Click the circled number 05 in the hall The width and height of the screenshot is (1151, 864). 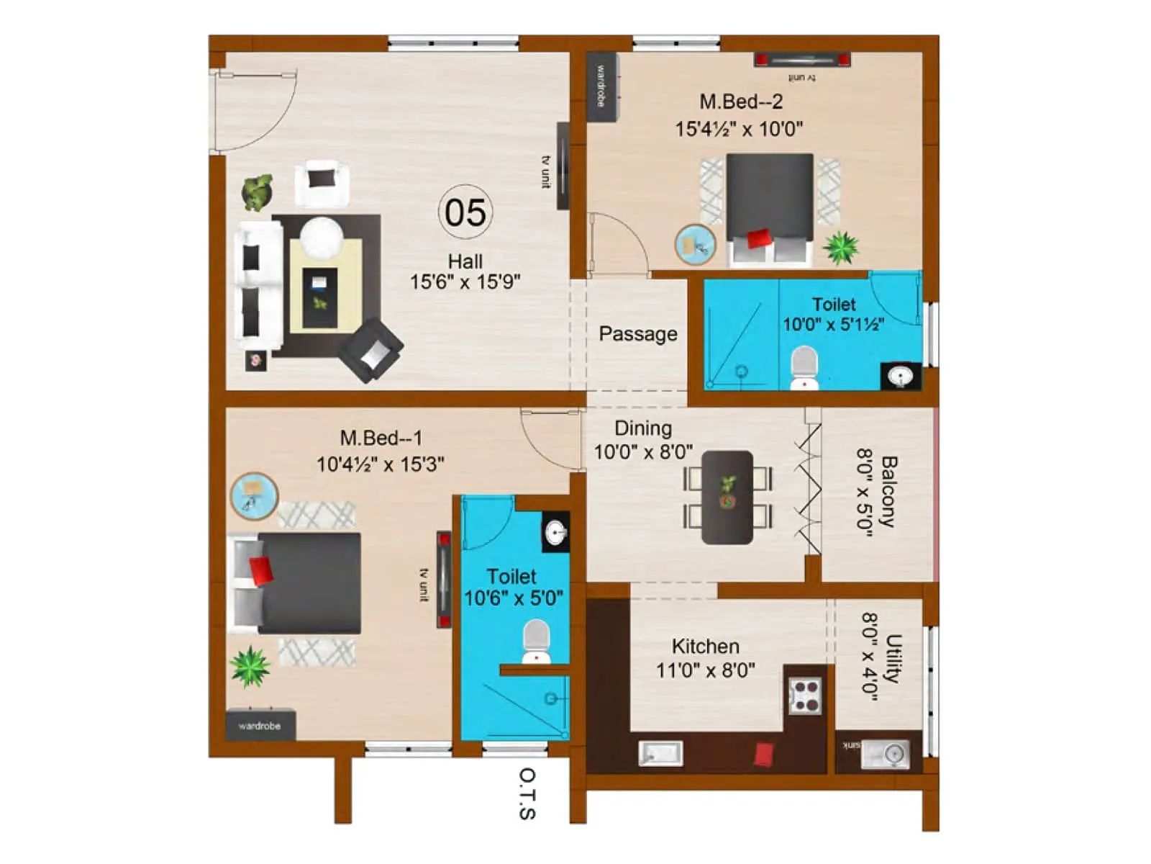point(465,212)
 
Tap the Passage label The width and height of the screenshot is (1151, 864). point(638,334)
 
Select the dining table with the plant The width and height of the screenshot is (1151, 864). point(727,497)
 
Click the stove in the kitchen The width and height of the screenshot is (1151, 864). point(805,696)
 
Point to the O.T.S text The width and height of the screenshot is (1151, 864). point(527,793)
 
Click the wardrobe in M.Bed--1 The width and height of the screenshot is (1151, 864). point(260,726)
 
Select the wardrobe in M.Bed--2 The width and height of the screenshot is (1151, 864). point(601,86)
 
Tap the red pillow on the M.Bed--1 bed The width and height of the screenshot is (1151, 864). point(261,570)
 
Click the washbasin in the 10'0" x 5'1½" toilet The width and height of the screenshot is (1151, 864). point(900,376)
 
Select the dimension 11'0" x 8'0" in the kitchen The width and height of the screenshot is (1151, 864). point(705,670)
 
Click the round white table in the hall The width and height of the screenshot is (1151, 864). point(321,237)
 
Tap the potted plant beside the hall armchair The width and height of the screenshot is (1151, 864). point(257,192)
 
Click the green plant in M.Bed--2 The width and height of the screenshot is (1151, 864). point(841,247)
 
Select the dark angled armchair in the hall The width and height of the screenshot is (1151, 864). point(371,350)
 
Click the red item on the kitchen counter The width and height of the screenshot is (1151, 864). point(763,755)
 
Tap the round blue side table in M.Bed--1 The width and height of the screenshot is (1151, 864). point(253,495)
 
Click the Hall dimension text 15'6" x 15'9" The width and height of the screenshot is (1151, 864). point(465,282)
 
